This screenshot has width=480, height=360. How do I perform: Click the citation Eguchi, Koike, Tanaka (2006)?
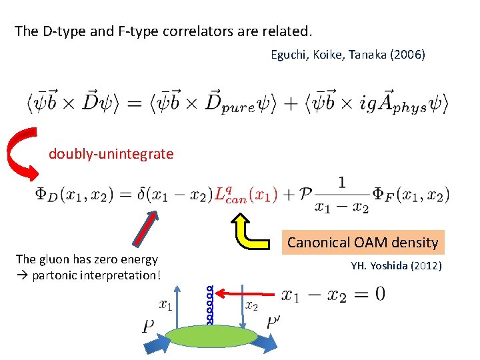point(347,55)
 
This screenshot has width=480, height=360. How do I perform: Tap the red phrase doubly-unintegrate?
point(111,154)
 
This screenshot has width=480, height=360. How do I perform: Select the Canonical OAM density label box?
point(362,242)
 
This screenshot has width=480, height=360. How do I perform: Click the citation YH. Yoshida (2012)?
point(395,267)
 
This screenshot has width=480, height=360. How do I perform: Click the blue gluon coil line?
point(209,305)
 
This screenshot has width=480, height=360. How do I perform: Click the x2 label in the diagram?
point(251,305)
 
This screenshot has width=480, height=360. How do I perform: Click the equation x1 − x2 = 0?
point(333,295)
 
